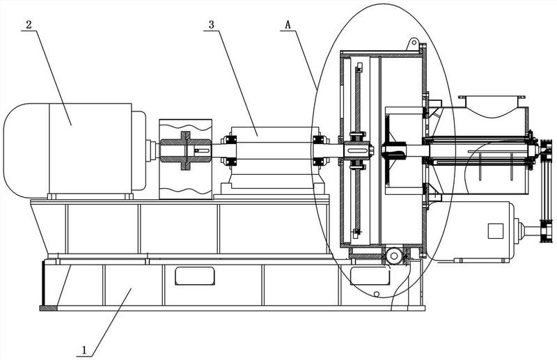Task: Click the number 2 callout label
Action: (29, 24)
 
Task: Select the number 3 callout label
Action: (212, 24)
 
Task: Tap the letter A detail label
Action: (288, 24)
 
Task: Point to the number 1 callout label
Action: (84, 350)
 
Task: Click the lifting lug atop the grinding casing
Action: (412, 44)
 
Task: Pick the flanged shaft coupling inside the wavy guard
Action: (185, 150)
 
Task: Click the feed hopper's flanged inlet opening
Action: (492, 97)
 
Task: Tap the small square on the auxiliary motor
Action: (495, 231)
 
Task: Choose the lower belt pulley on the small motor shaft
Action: (547, 231)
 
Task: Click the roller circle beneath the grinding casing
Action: (393, 256)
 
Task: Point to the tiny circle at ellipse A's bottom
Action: (377, 294)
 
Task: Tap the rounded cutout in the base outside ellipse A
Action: (195, 276)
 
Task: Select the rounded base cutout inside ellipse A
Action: (370, 276)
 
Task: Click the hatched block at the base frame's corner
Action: (48, 308)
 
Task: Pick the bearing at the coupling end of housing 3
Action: (229, 150)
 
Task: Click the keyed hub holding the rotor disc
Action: (358, 150)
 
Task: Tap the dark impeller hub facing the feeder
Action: (393, 150)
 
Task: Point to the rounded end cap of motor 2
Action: (26, 150)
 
